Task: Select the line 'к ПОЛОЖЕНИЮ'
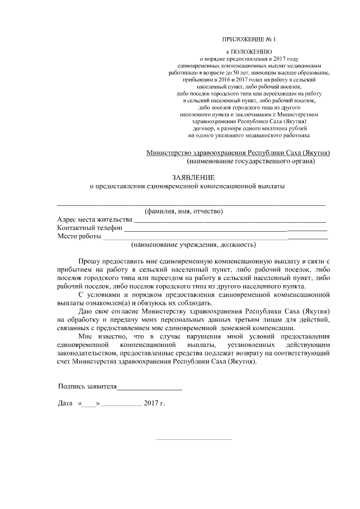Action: (249, 51)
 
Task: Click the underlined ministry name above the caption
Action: (237, 153)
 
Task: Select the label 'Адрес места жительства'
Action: (94, 219)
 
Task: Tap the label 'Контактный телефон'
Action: (89, 228)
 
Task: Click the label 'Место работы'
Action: (79, 236)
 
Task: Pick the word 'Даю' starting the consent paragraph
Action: (85, 310)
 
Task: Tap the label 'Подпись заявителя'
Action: (87, 388)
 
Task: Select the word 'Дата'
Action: (66, 404)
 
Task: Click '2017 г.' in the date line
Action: (154, 404)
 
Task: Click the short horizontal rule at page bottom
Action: (192, 439)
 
